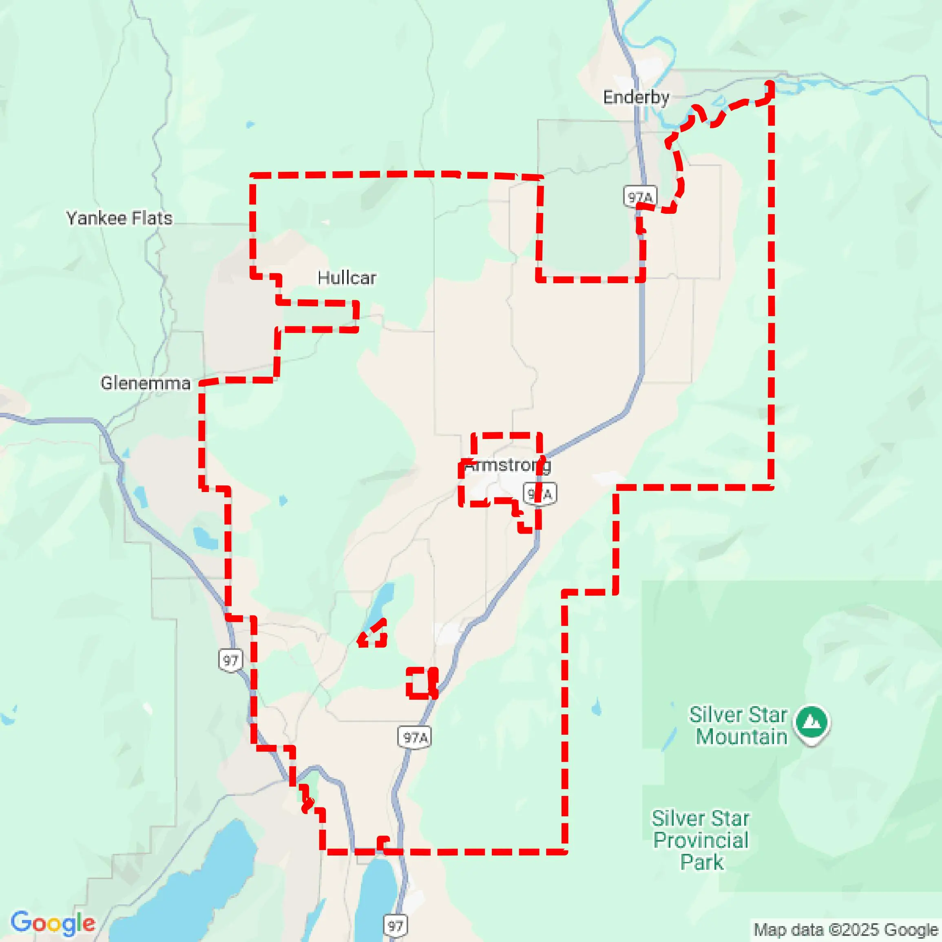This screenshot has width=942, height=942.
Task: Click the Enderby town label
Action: click(x=636, y=97)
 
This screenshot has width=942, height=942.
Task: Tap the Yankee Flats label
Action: click(x=119, y=218)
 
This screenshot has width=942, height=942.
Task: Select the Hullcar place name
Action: click(x=347, y=278)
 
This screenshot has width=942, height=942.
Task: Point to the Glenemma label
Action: click(x=145, y=383)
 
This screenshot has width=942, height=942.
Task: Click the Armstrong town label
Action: click(x=507, y=465)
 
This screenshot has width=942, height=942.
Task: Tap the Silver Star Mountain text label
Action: click(x=738, y=725)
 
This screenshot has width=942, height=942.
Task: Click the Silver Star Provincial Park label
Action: click(x=701, y=840)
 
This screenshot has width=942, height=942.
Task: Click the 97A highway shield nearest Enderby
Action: click(x=640, y=197)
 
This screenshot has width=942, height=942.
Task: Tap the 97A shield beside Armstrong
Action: click(x=540, y=494)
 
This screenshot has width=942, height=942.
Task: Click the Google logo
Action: click(x=53, y=923)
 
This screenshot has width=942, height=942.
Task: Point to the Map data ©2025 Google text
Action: click(x=846, y=930)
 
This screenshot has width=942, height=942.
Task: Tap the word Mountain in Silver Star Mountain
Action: click(x=741, y=737)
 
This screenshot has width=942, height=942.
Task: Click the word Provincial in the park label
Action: click(x=701, y=840)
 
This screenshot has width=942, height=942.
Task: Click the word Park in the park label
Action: click(x=702, y=862)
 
